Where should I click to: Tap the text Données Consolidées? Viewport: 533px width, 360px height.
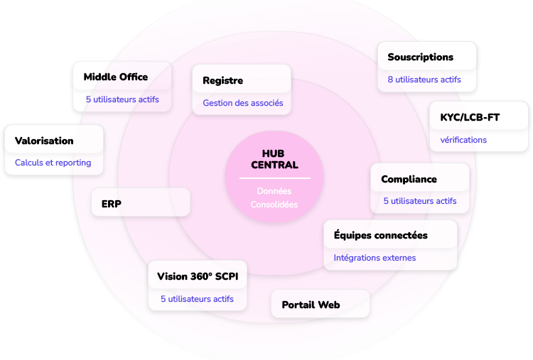click(x=274, y=197)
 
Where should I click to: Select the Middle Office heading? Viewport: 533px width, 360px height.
click(x=116, y=77)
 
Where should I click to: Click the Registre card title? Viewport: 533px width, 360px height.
click(x=222, y=80)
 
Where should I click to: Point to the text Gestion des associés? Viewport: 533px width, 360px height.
click(x=243, y=103)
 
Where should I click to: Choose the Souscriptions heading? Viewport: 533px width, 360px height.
click(x=420, y=57)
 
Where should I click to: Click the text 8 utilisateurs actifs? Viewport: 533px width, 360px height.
click(x=424, y=80)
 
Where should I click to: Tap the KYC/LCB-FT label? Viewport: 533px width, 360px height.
click(x=470, y=117)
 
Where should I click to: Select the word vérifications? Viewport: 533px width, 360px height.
click(x=463, y=140)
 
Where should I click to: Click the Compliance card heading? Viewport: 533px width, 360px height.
click(x=409, y=179)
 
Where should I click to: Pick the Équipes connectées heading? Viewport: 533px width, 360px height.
click(x=381, y=235)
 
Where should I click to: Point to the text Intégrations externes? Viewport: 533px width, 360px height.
click(x=375, y=258)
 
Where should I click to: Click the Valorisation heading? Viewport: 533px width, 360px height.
click(x=44, y=141)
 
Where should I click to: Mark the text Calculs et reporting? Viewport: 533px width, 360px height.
click(x=53, y=163)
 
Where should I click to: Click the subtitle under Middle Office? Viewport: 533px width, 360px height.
click(x=122, y=99)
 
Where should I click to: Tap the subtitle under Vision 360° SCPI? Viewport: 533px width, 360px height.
click(x=197, y=299)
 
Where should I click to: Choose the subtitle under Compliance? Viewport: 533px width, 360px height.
click(x=420, y=201)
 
